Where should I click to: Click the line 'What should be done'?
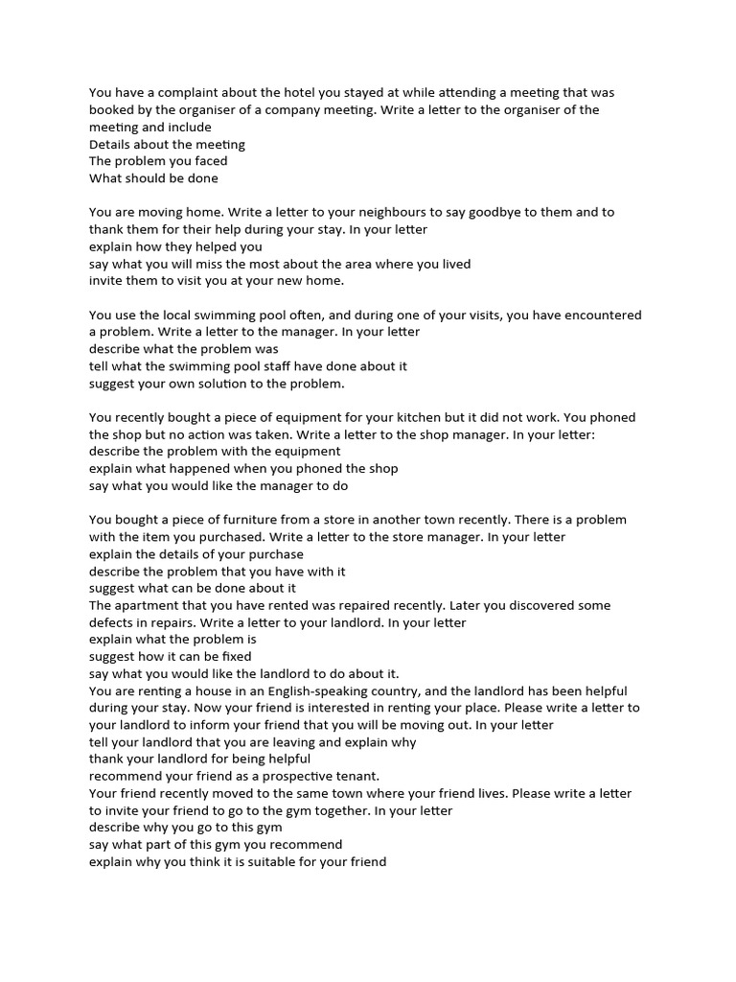point(153,178)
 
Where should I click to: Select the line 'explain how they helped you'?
point(175,246)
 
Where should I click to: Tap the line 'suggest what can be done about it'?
point(193,588)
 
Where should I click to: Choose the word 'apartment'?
point(153,606)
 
